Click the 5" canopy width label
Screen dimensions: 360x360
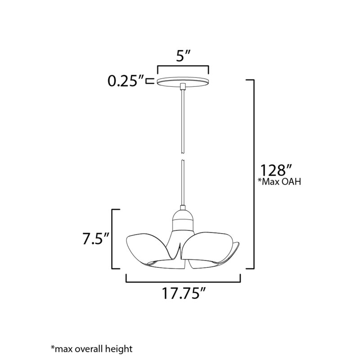(x=183, y=58)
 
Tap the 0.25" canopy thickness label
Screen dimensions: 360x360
(x=126, y=81)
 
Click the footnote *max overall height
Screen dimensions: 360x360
(x=92, y=348)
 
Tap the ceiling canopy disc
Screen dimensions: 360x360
(x=183, y=81)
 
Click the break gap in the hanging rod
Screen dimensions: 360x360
(x=183, y=158)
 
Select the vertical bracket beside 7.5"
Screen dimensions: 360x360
(x=113, y=238)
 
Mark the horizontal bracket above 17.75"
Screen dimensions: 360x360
(x=183, y=281)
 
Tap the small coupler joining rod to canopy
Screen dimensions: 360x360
(x=183, y=86)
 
